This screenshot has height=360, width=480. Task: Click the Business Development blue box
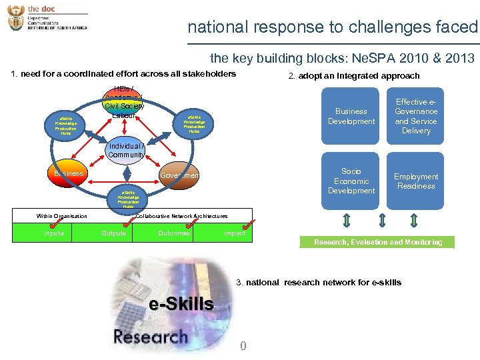(351, 117)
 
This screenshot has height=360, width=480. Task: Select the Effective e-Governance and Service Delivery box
(416, 117)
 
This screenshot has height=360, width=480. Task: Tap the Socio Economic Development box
(351, 181)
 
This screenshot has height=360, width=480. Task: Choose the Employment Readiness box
(416, 181)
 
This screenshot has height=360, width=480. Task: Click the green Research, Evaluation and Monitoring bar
(378, 242)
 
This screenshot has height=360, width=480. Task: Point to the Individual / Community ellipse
(126, 150)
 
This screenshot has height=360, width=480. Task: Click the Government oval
(179, 175)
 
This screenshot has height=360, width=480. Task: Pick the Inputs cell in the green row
(54, 233)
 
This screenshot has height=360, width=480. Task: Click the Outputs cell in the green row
(113, 233)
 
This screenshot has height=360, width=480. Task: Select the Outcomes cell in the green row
(174, 233)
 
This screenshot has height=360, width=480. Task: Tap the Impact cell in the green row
(235, 233)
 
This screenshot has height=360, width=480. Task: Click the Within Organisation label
(62, 216)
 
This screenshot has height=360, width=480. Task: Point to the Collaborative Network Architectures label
(181, 216)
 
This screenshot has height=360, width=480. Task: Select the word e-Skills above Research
(181, 305)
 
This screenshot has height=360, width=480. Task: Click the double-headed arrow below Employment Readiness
(414, 221)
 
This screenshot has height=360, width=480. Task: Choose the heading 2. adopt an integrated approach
(353, 76)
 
